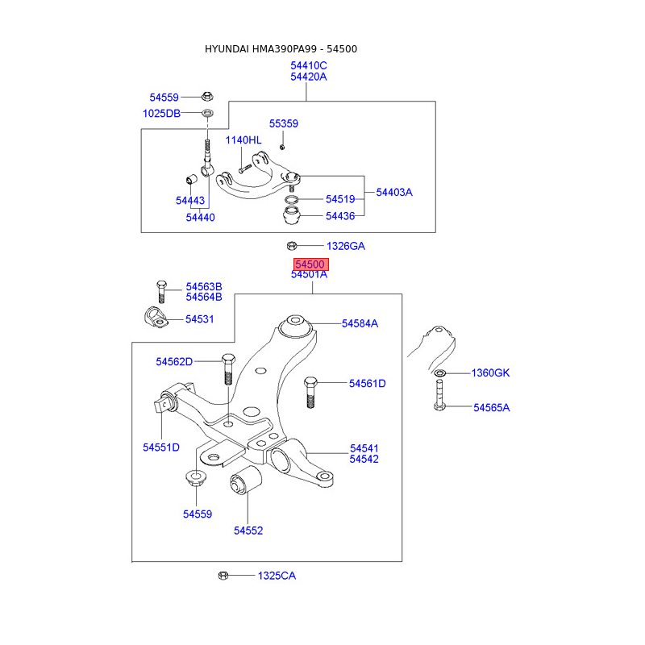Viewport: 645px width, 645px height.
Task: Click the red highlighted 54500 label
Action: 310,264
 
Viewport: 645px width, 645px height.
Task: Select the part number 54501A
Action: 309,275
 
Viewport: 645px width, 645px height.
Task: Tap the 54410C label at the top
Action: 309,65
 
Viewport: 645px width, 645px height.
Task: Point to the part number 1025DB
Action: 161,114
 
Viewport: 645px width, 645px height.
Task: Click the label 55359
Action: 284,124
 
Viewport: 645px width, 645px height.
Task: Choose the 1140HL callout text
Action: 243,140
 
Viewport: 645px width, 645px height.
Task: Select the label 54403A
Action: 394,193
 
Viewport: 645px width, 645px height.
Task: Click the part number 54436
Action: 340,216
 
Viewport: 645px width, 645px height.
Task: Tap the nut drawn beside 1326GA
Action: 292,246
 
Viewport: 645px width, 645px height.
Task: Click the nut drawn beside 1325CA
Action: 224,576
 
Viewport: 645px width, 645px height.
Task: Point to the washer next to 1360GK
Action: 439,373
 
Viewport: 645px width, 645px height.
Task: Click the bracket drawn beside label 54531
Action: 154,318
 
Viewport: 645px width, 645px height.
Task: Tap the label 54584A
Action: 360,323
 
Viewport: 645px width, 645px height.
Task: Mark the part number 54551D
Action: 161,447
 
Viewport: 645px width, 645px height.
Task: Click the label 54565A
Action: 492,408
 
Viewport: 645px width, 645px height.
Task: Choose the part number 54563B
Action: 204,286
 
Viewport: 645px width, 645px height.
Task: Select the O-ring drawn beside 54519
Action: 293,199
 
